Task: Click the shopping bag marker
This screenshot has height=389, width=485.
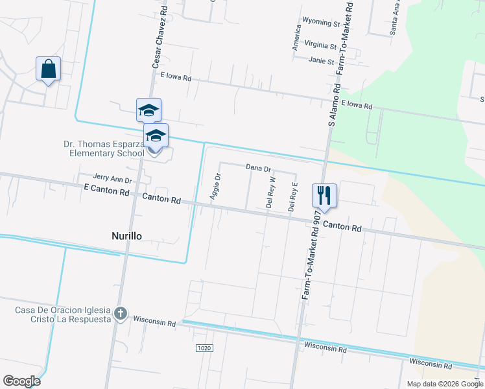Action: [49, 69]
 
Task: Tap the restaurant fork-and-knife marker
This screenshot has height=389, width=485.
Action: [324, 195]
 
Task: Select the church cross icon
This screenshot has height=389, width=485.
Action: [120, 314]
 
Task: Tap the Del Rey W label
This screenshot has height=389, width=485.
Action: [272, 191]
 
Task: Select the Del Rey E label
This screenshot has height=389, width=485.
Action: [293, 197]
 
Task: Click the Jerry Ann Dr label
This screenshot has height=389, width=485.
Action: [112, 178]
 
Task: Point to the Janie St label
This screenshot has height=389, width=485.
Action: [321, 62]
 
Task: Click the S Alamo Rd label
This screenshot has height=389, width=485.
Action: [335, 104]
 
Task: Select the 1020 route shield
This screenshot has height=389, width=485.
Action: [204, 348]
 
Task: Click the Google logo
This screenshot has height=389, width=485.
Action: [21, 381]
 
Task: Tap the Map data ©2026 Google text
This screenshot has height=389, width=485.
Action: [445, 384]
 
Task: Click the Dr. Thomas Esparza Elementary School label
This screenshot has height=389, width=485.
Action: [104, 149]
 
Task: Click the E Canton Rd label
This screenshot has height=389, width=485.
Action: [106, 191]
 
